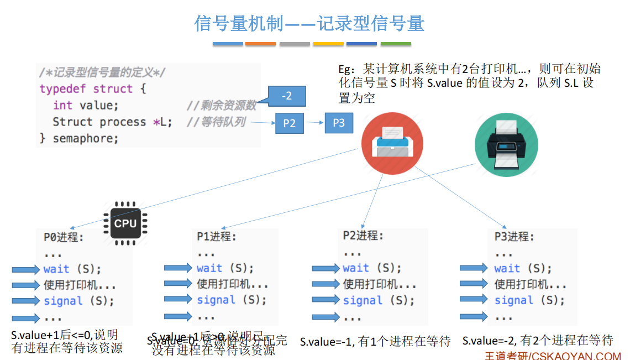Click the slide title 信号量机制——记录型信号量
tap(309, 23)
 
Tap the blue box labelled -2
tap(287, 96)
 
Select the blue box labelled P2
tap(290, 123)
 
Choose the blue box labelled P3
tap(339, 123)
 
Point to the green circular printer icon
tap(506, 145)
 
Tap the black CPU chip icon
tap(125, 223)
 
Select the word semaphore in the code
tap(86, 138)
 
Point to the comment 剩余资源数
tap(221, 105)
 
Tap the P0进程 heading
tap(64, 237)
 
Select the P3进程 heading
tap(514, 237)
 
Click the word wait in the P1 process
tap(209, 268)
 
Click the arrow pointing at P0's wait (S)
tap(26, 270)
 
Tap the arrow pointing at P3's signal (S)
tap(474, 301)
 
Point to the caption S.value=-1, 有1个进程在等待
tap(375, 342)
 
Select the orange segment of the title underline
tap(260, 44)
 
